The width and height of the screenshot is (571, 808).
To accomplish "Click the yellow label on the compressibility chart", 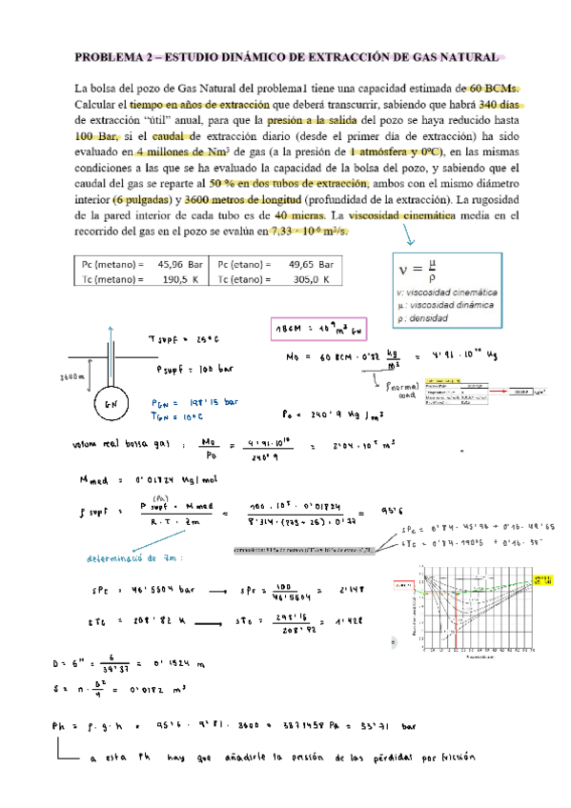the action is (x=542, y=577).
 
